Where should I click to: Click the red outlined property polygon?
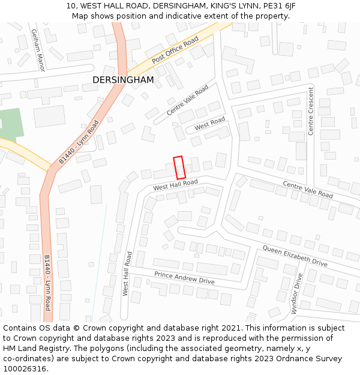(x=179, y=167)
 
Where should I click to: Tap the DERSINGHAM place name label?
(x=123, y=80)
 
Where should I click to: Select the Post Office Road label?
(x=175, y=50)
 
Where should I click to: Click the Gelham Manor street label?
(x=38, y=50)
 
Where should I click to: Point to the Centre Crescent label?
(x=311, y=111)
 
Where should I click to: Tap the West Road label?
(x=209, y=124)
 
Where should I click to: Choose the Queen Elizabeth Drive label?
(x=295, y=256)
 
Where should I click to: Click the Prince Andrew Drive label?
(x=184, y=278)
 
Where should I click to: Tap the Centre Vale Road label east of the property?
(x=307, y=190)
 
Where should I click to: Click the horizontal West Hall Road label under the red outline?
(x=175, y=185)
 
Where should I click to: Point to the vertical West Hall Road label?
(x=127, y=273)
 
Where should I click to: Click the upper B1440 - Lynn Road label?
(x=79, y=142)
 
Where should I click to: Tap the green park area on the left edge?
(x=10, y=123)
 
